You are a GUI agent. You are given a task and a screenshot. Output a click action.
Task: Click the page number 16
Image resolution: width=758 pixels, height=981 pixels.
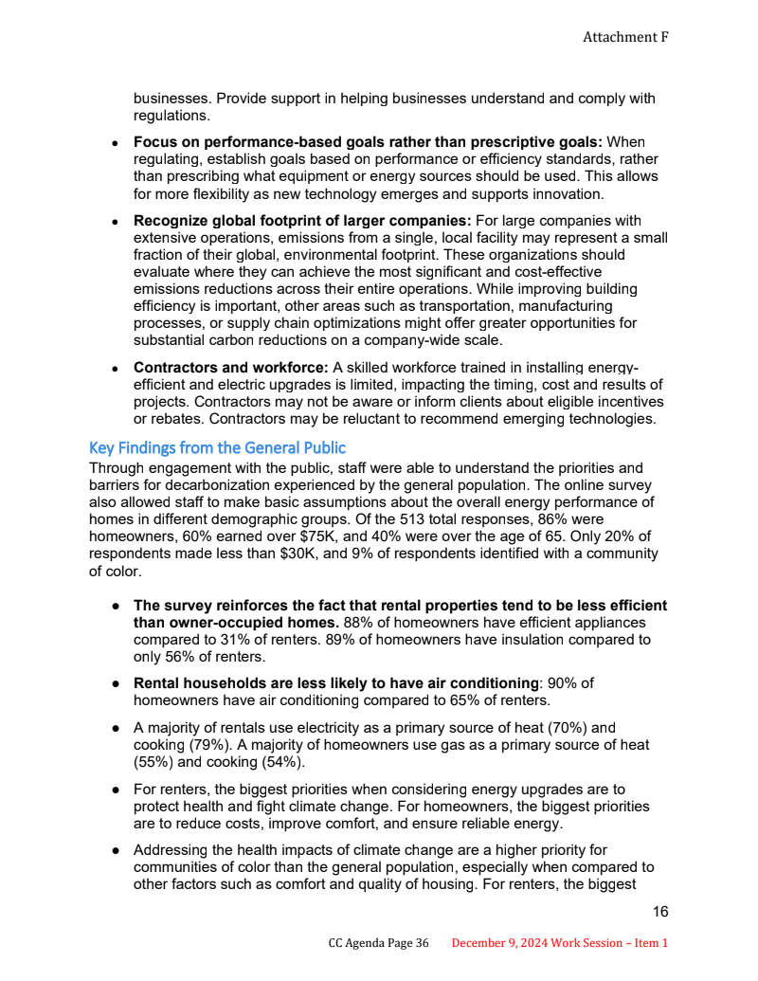point(660,912)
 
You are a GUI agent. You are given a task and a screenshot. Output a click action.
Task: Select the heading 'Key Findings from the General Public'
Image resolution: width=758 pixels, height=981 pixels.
point(217,447)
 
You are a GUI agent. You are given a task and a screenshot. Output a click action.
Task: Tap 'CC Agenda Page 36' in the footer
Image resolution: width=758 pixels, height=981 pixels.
point(379,943)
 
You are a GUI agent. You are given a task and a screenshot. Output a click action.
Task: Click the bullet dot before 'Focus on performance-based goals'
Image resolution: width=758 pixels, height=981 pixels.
point(114,142)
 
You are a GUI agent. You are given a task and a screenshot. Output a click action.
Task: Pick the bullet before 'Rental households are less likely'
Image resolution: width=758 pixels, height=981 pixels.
point(114,683)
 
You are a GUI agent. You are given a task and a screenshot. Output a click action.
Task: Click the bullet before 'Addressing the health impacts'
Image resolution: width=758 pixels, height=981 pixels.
point(114,850)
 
